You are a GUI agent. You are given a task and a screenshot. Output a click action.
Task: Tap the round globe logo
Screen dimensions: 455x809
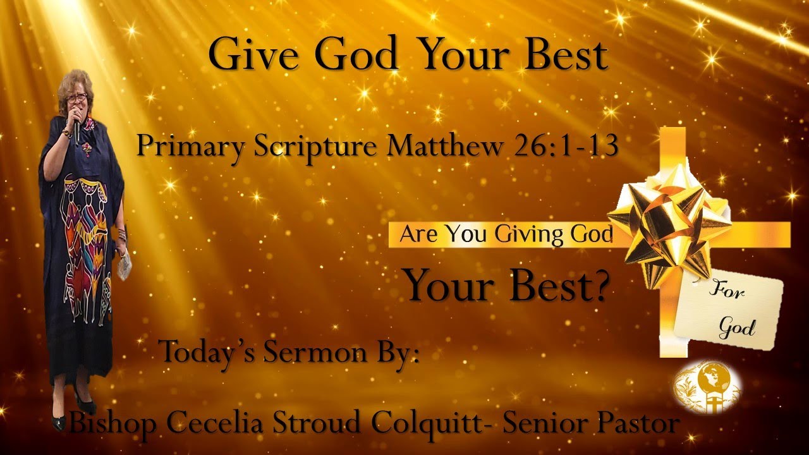click(x=707, y=387)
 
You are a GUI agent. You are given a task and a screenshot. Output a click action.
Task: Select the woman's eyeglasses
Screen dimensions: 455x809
click(x=76, y=97)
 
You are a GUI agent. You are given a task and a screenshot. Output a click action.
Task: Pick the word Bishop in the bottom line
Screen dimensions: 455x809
click(x=113, y=422)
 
